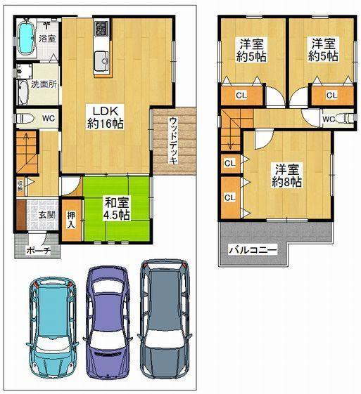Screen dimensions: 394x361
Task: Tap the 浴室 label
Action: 46,38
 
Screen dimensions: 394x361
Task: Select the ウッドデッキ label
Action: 172,140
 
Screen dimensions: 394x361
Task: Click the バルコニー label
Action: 252,251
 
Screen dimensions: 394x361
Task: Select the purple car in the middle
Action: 108,321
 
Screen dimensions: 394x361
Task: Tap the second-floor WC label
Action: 328,119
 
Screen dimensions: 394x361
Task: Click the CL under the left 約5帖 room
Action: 241,95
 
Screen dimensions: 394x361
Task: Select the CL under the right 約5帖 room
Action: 330,95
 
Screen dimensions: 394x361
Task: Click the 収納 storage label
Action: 20,187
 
